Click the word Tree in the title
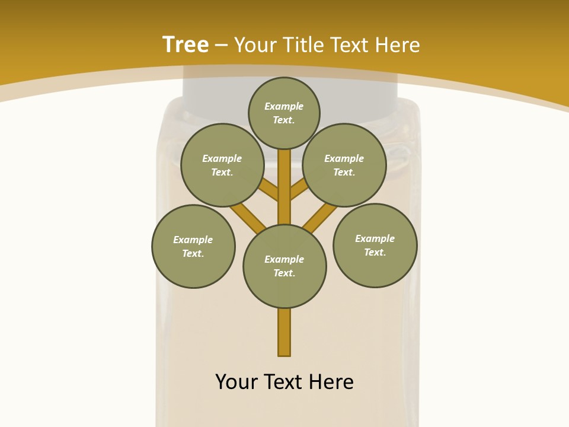click(x=186, y=44)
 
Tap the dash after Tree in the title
click(x=221, y=46)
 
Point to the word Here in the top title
click(x=398, y=44)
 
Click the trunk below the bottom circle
click(x=284, y=332)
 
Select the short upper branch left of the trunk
click(x=270, y=190)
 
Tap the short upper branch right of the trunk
click(x=298, y=190)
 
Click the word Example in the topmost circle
click(x=284, y=106)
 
